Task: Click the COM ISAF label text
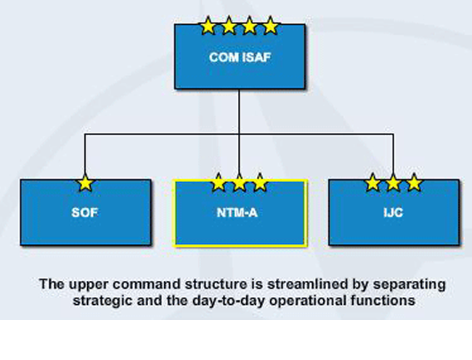240,57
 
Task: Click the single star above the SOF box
85,183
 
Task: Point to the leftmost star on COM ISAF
208,27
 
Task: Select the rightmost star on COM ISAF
270,27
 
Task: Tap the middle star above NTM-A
240,183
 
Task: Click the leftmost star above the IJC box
373,183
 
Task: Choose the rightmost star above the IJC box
414,183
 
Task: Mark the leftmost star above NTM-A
219,183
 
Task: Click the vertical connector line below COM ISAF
240,109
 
